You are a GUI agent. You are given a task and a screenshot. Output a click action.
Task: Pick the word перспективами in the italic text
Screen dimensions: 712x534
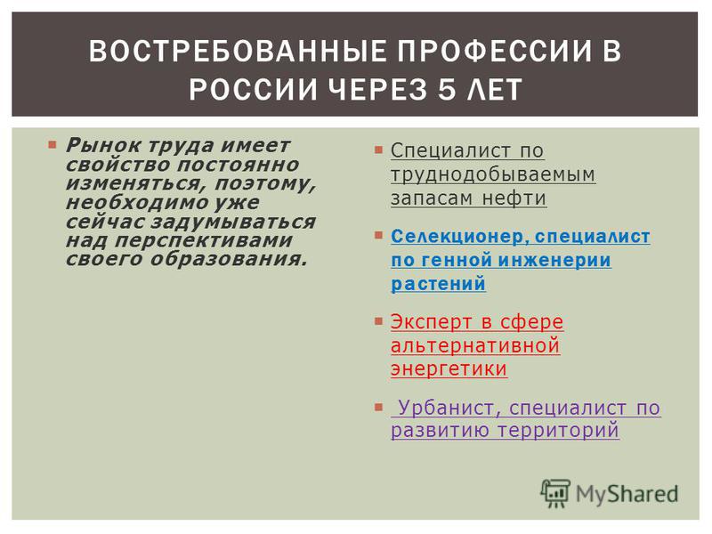coord(204,241)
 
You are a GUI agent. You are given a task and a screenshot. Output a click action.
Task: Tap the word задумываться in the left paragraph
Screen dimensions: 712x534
coord(233,222)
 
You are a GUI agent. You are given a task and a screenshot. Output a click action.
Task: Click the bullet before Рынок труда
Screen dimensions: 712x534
coord(53,145)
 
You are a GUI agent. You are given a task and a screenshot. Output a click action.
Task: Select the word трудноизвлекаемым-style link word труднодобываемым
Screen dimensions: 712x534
coord(493,174)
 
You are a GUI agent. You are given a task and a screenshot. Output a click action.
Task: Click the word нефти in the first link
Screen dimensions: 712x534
coord(514,198)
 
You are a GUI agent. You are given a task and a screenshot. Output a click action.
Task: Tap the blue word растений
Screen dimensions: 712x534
coord(438,284)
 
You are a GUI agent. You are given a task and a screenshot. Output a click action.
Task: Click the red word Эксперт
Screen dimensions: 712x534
coord(432,322)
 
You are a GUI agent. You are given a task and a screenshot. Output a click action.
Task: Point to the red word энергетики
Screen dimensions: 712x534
coord(449,368)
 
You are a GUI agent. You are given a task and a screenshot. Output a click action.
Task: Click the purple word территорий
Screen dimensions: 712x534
coord(558,430)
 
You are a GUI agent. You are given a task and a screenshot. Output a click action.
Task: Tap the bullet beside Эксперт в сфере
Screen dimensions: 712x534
coord(379,321)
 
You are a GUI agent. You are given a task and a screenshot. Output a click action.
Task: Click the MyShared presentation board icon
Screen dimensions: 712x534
coord(554,493)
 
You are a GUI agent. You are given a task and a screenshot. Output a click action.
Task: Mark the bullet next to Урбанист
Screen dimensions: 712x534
coord(379,408)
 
